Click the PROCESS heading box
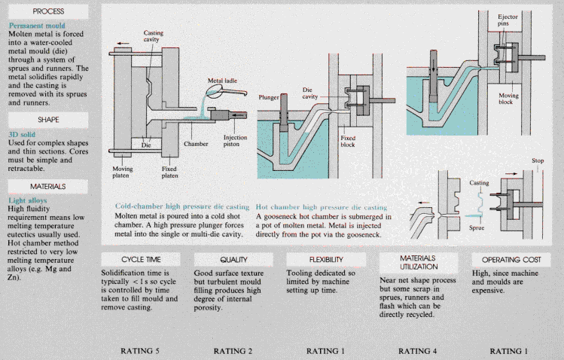[44, 11]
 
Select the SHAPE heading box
[44, 119]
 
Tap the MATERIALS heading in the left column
[44, 185]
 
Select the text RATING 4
[419, 350]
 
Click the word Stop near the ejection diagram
[538, 160]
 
